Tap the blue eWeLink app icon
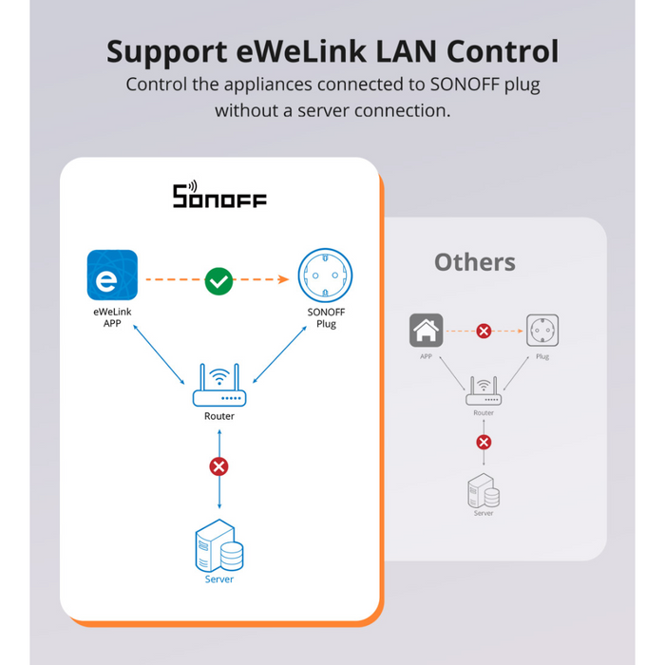112,275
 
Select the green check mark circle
218,280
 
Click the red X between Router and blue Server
219,466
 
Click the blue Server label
219,579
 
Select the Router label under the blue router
219,416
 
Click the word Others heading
475,262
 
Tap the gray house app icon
426,331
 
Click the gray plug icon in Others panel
542,331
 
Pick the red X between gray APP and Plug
484,332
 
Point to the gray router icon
484,392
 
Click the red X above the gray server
484,442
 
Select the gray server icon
484,490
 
